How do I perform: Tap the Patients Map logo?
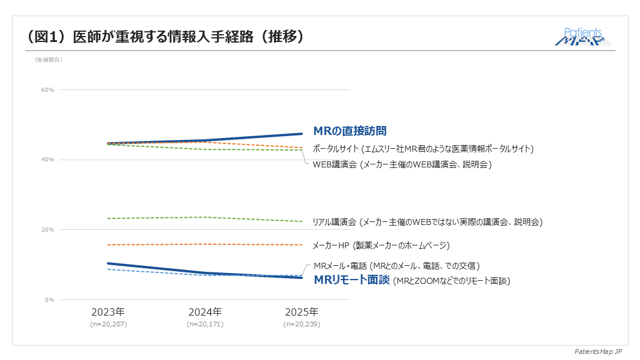point(584,37)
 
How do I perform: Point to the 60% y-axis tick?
point(48,90)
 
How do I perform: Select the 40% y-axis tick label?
point(48,160)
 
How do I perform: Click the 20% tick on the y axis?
point(48,230)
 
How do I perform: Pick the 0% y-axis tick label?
point(50,300)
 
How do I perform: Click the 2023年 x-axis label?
point(108,312)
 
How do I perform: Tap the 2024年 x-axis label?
point(205,312)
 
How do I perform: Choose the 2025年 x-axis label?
point(302,312)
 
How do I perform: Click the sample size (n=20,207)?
point(109,324)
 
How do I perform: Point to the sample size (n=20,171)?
point(205,324)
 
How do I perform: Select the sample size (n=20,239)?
point(302,324)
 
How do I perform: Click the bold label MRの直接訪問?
point(350,131)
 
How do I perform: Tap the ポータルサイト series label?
point(423,148)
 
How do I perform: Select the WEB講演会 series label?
point(402,164)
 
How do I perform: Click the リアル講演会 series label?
point(427,222)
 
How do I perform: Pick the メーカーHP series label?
point(381,245)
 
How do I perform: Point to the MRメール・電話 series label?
point(396,265)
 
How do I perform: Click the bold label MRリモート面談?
point(352,280)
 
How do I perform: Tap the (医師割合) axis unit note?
point(49,59)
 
